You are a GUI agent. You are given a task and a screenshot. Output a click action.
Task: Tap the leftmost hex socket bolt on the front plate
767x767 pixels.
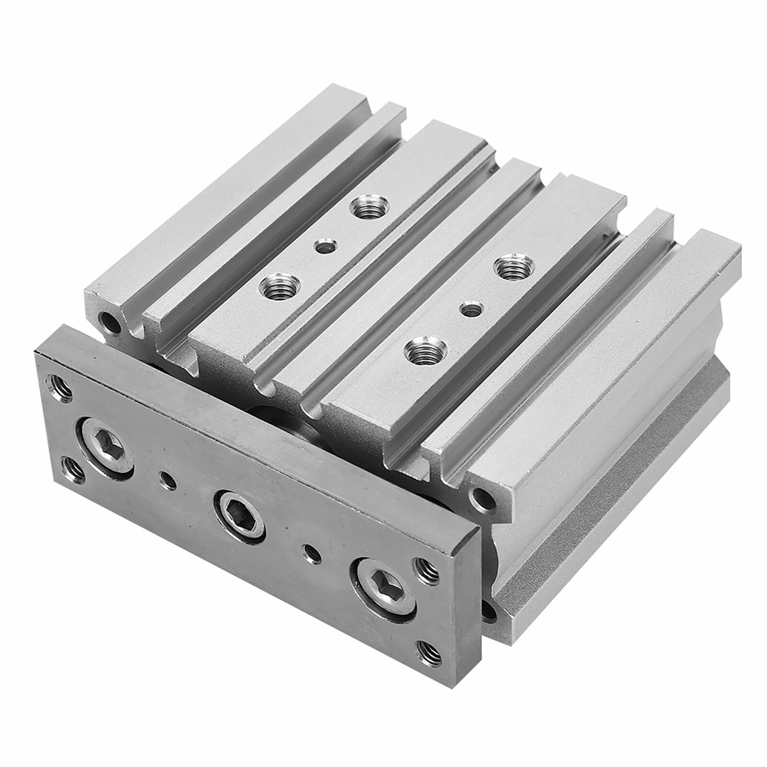point(107,429)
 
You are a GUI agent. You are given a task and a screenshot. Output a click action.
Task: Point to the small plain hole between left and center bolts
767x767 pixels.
point(167,479)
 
